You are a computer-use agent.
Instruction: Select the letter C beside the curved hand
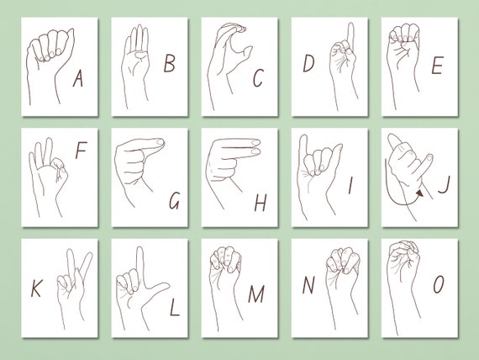[258, 78]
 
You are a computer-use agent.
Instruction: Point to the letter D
[309, 62]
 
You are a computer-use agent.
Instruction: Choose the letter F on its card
[81, 151]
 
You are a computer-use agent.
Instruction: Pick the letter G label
[174, 202]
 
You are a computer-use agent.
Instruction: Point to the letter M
[255, 294]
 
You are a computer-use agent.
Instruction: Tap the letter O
[439, 285]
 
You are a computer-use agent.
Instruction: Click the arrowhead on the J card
[417, 193]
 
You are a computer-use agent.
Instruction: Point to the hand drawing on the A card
[50, 59]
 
